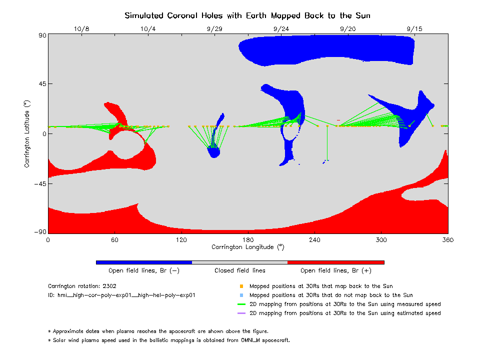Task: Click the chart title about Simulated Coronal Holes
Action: (x=247, y=15)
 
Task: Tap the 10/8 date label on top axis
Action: (x=81, y=29)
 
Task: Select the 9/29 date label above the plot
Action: (x=214, y=29)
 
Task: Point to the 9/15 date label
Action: (x=414, y=29)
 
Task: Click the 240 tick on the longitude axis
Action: (x=314, y=240)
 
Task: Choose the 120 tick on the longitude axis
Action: (x=181, y=240)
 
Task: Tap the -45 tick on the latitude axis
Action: (x=39, y=184)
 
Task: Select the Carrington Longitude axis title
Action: (x=247, y=247)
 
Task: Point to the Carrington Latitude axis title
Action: (x=27, y=133)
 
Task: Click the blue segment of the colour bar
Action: (x=144, y=262)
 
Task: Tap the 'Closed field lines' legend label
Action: (x=240, y=270)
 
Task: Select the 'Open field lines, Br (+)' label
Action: (x=335, y=270)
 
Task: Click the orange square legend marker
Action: (x=241, y=286)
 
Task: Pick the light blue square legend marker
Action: (x=241, y=295)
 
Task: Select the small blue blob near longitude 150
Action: (x=214, y=152)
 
